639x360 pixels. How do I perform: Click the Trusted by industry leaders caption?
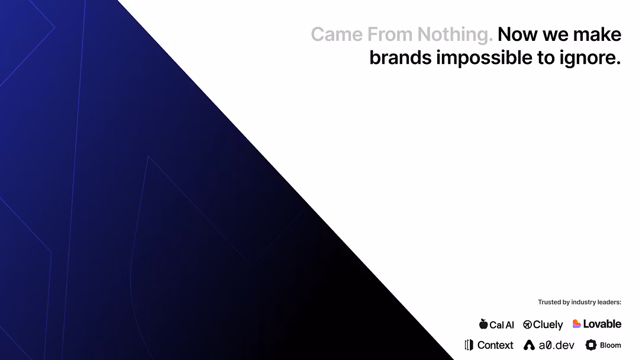[579, 302]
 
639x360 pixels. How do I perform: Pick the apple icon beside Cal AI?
[483, 324]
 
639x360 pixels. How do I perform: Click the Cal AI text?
[502, 324]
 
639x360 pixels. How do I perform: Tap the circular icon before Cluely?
[527, 324]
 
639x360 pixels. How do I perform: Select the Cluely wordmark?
[548, 324]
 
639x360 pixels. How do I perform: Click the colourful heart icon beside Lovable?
[576, 324]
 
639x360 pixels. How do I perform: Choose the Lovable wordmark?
[602, 324]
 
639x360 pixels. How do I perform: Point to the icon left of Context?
[469, 345]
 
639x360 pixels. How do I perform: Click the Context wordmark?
[495, 345]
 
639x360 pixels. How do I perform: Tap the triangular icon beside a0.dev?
[529, 345]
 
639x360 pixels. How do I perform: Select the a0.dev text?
[556, 345]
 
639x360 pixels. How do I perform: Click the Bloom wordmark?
[611, 345]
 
